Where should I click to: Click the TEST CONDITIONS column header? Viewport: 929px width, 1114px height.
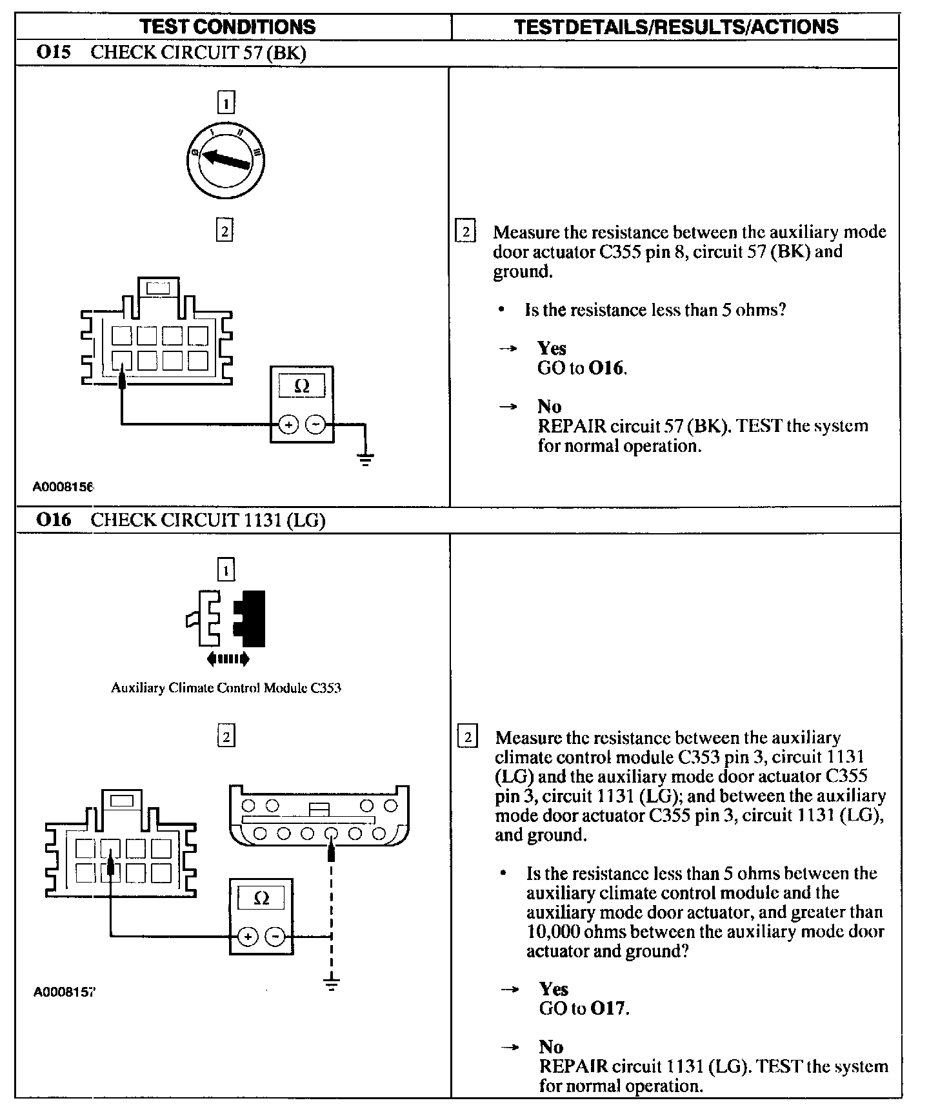(228, 26)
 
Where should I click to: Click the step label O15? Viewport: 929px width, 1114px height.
(54, 53)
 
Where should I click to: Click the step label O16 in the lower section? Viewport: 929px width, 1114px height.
(54, 520)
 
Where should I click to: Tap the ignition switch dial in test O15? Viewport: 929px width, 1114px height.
(225, 159)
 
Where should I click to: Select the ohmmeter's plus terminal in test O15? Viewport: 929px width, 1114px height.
(288, 425)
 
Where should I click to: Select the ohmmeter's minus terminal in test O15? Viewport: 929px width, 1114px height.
(315, 425)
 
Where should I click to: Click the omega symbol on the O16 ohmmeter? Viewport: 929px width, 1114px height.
(261, 898)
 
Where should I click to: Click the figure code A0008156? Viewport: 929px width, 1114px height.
(63, 487)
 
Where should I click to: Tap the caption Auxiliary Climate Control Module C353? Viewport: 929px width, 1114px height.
(226, 688)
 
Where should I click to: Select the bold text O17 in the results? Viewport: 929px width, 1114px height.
(608, 1008)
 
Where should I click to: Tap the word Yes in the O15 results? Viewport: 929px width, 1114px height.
(552, 348)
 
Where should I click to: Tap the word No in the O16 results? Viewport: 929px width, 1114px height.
(551, 1047)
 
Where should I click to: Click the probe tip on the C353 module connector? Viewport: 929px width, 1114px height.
(331, 852)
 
